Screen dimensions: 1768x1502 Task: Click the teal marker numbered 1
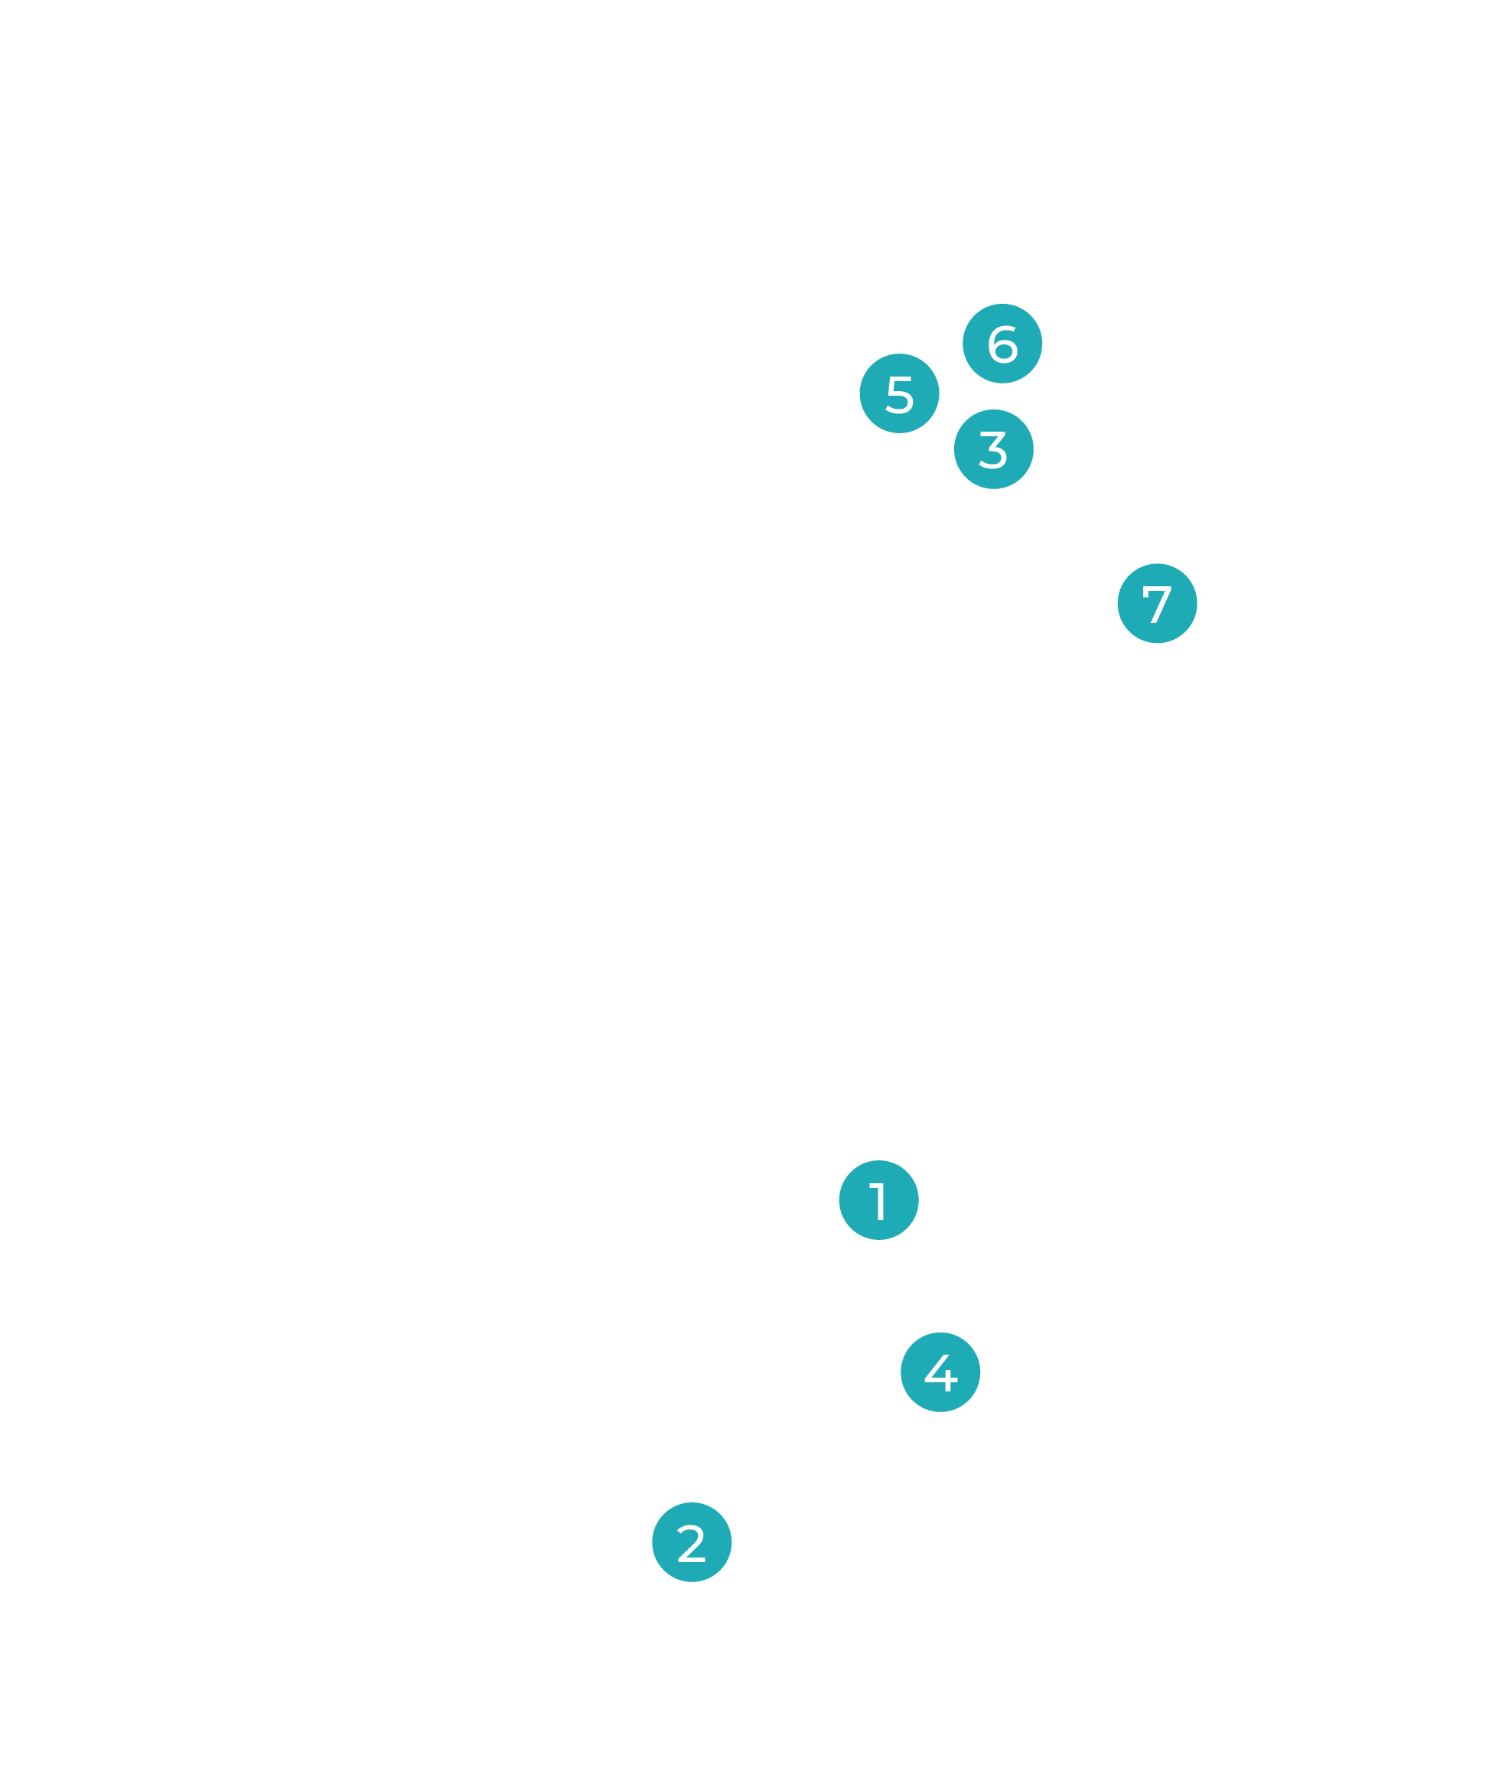pyautogui.click(x=878, y=1200)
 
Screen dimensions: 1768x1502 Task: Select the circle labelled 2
pyautogui.click(x=692, y=1542)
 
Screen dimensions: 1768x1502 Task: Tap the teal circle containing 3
pyautogui.click(x=994, y=449)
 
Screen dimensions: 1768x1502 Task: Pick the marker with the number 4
pyautogui.click(x=940, y=1372)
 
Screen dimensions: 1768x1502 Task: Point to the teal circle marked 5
pyautogui.click(x=899, y=393)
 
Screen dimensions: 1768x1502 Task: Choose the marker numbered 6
pyautogui.click(x=1002, y=343)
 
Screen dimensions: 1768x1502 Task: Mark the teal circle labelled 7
pyautogui.click(x=1157, y=603)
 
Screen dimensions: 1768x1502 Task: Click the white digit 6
pyautogui.click(x=1002, y=343)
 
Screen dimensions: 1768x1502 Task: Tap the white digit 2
pyautogui.click(x=692, y=1543)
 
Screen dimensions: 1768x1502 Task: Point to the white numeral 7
pyautogui.click(x=1157, y=604)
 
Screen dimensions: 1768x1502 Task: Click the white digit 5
pyautogui.click(x=899, y=393)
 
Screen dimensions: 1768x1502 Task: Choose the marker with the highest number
pyautogui.click(x=1157, y=603)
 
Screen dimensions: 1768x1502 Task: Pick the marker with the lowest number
pyautogui.click(x=878, y=1200)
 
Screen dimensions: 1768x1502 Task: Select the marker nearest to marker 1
pyautogui.click(x=940, y=1372)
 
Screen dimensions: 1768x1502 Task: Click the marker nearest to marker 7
pyautogui.click(x=994, y=449)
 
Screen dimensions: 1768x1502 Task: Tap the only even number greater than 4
pyautogui.click(x=1002, y=343)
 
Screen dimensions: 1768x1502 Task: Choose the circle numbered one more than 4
pyautogui.click(x=899, y=393)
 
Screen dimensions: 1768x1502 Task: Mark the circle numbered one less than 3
pyautogui.click(x=692, y=1542)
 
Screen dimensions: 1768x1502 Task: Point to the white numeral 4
pyautogui.click(x=941, y=1372)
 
